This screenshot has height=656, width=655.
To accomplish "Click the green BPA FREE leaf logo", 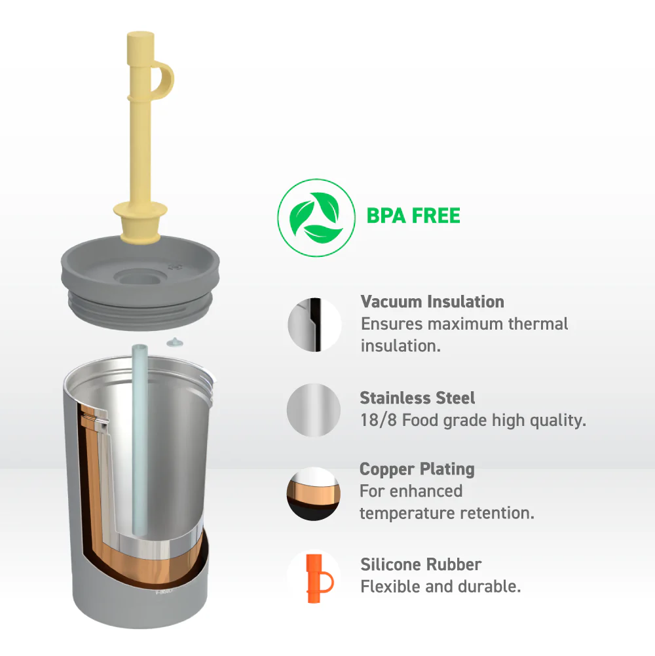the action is coord(316,218).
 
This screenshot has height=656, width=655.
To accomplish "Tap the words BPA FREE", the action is coord(413,216).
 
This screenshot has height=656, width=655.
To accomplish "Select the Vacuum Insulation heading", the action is coord(432,301).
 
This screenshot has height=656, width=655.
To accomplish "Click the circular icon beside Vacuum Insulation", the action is coord(314,324).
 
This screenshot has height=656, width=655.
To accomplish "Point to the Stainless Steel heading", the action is coord(417,398).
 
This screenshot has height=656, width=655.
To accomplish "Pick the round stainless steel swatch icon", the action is coord(314,410).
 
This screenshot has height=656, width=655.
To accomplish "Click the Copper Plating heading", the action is coord(417,469).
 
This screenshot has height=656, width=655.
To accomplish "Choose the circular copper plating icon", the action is coord(313,494).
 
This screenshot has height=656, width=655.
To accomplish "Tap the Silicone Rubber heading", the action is coord(421,564).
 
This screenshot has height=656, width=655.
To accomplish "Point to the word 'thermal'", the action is coord(538,324).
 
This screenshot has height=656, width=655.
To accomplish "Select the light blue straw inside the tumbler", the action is coord(140,439).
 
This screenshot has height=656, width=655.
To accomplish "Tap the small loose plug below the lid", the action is coord(175,343).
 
